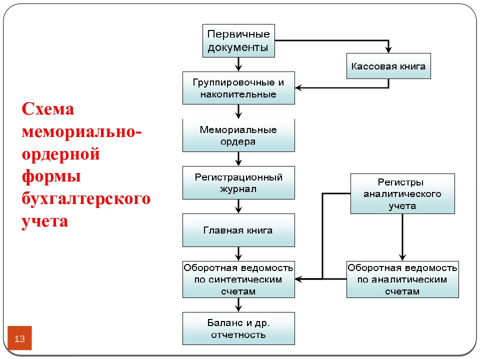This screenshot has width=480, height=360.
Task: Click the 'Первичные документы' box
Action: (x=238, y=40)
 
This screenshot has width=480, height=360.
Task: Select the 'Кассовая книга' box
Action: (x=388, y=66)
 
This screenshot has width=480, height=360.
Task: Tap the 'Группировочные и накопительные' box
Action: (x=238, y=88)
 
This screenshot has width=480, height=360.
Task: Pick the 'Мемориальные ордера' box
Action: (x=238, y=135)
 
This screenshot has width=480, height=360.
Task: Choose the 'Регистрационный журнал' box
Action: (x=238, y=183)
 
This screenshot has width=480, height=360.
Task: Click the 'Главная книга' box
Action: (x=238, y=230)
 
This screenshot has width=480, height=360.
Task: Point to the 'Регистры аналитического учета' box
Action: (x=402, y=194)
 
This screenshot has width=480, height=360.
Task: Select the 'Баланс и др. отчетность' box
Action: (x=238, y=328)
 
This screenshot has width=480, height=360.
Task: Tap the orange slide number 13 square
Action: (x=19, y=338)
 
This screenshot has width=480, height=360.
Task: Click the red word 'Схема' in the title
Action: (x=48, y=109)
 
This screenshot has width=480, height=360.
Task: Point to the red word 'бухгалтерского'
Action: (x=86, y=198)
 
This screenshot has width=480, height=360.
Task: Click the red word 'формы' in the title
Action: (x=51, y=176)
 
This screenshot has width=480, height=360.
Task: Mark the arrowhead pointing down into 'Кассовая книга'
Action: (x=388, y=49)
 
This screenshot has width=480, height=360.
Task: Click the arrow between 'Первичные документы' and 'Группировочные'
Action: (x=238, y=64)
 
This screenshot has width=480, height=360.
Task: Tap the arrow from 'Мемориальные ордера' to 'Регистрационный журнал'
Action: (x=238, y=159)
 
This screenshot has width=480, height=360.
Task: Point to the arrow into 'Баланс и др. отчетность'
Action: (x=238, y=305)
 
